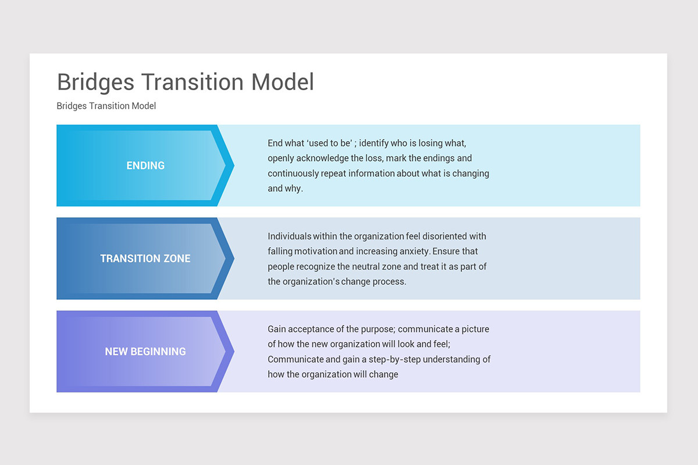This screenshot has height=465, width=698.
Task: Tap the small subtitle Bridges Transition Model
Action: point(106,106)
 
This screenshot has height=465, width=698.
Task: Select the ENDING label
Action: point(145,166)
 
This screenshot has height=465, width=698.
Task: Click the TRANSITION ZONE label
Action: point(145,259)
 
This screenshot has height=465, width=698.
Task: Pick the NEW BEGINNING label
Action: point(145,352)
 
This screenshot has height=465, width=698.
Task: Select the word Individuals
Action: point(289,236)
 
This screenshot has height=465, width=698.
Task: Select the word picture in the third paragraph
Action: point(475,329)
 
